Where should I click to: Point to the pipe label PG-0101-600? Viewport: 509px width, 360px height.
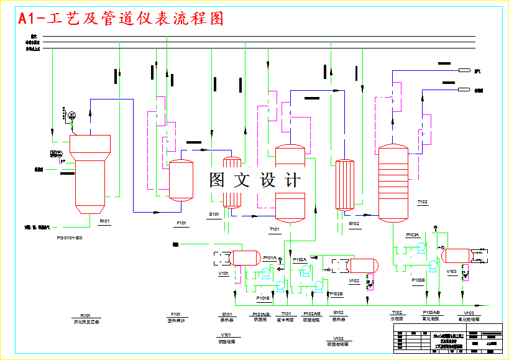(x=69, y=237)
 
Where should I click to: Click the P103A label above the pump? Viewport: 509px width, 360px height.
(x=413, y=235)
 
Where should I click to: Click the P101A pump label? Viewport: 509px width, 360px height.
(x=270, y=257)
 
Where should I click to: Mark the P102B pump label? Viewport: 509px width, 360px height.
(x=336, y=293)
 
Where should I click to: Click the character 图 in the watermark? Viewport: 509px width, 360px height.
(x=217, y=180)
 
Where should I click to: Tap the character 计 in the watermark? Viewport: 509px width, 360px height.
(x=292, y=180)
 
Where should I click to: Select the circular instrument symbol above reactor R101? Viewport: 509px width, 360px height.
(x=72, y=114)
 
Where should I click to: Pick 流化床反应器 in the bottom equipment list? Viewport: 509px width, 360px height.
(x=86, y=321)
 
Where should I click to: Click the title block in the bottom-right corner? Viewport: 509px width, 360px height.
(x=446, y=341)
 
